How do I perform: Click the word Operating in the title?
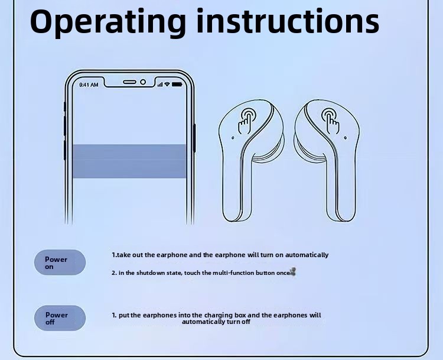click(108, 22)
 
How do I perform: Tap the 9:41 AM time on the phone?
click(89, 85)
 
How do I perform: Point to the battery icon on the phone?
click(177, 85)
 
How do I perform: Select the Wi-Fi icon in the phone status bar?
click(167, 85)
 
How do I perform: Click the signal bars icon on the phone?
click(160, 85)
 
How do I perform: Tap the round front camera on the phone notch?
click(143, 82)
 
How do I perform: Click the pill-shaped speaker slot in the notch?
click(130, 82)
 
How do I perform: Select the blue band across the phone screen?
click(129, 161)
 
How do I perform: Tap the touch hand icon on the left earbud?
click(246, 121)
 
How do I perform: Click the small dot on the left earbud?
click(233, 138)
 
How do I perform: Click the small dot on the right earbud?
click(346, 138)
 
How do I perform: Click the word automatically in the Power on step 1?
click(307, 255)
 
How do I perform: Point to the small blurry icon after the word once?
click(293, 272)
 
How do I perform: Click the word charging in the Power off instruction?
click(219, 315)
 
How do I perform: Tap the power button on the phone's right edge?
click(194, 138)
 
